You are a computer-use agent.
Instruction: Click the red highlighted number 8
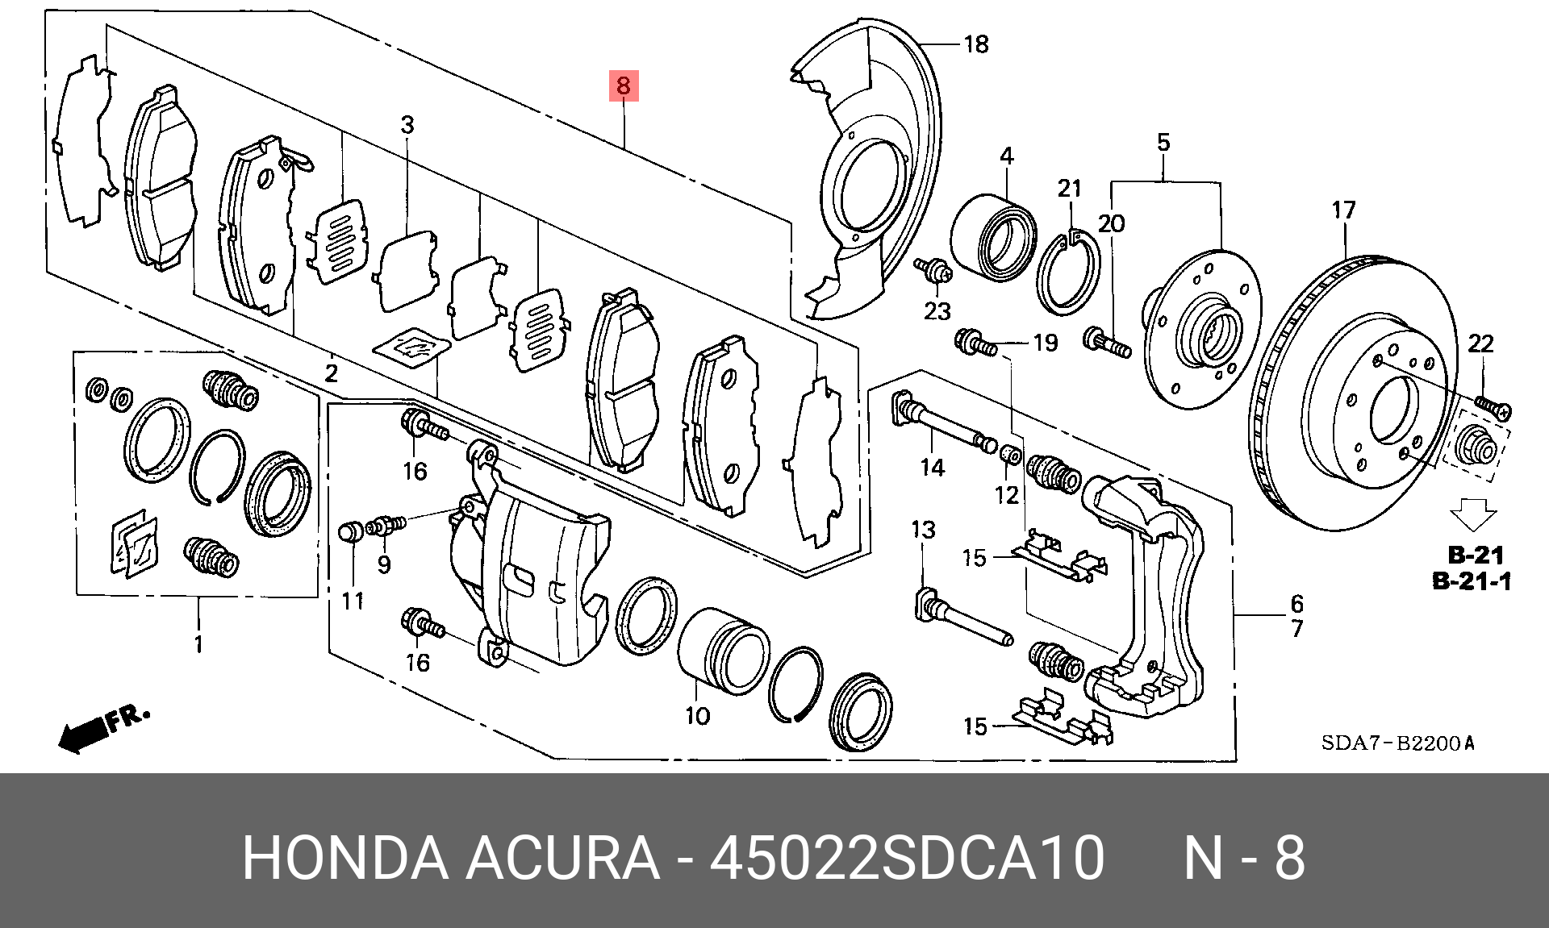tap(623, 85)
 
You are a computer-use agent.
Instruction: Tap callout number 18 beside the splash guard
tap(975, 44)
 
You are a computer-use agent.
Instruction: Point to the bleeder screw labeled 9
tap(386, 526)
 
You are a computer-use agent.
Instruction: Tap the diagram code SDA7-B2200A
tap(1397, 743)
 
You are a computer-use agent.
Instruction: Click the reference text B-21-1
tap(1472, 581)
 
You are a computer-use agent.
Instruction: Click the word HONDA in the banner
tap(345, 857)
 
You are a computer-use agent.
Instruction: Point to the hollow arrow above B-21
tap(1472, 514)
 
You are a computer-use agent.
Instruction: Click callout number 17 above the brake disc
tap(1343, 210)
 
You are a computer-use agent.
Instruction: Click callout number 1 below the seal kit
tap(198, 644)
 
